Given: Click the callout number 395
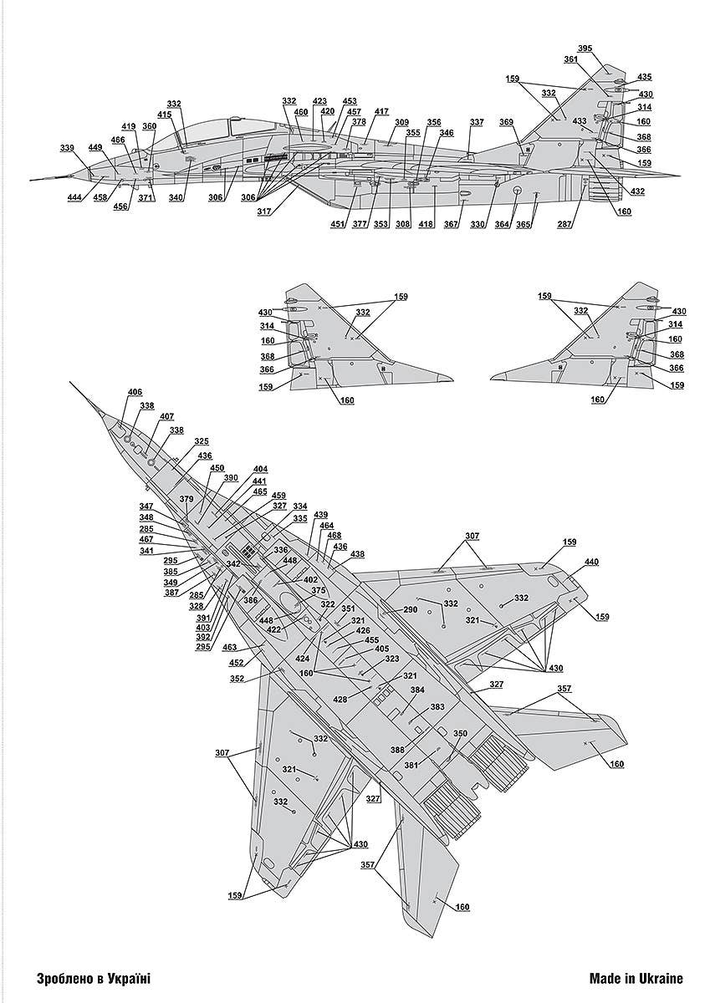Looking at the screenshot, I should [585, 48].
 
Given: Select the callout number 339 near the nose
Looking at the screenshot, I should [68, 148].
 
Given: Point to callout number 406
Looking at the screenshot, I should [135, 392].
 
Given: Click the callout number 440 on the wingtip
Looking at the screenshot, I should [592, 562].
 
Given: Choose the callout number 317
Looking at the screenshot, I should [264, 211].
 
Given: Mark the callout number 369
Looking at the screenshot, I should [507, 123].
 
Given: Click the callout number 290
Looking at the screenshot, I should [410, 609].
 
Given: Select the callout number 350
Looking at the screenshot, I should [461, 733].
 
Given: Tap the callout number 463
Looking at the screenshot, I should [229, 647].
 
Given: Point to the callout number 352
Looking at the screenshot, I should [238, 678].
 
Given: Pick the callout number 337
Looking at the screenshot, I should [476, 123].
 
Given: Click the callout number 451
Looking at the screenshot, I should [338, 224].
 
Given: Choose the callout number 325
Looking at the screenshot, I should [202, 440].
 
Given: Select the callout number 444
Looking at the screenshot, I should [75, 197].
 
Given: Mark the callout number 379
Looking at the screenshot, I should [186, 500].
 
